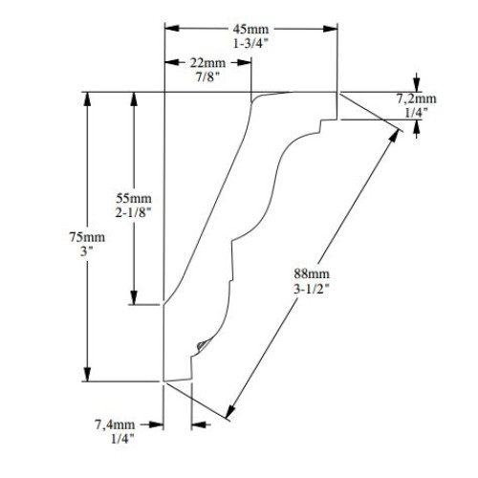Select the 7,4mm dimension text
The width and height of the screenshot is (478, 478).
pos(115,423)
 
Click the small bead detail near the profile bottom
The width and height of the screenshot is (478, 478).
pos(201,341)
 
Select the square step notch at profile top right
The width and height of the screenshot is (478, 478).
pos(325,123)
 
